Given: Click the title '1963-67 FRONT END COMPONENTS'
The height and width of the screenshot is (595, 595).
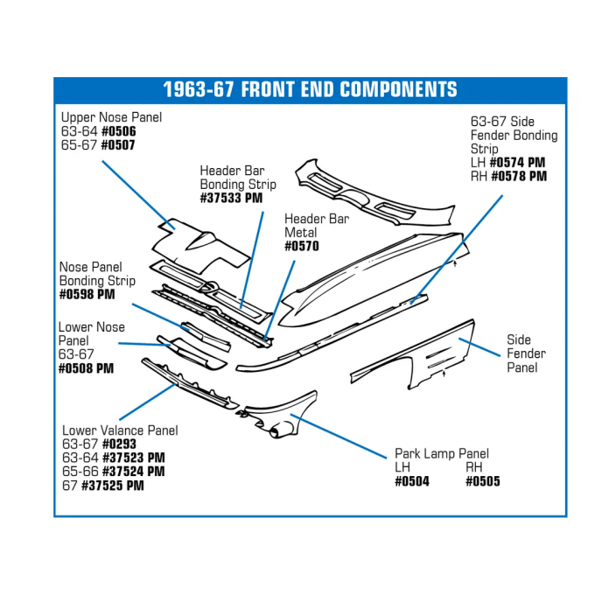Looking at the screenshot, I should tap(310, 90).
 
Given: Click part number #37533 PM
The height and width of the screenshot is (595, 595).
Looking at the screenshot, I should tap(231, 199).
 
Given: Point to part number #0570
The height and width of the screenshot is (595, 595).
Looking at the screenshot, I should tap(302, 247).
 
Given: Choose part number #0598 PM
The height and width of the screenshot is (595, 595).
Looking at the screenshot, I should tap(87, 295).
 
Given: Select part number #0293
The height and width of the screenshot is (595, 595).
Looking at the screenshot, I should tap(118, 444).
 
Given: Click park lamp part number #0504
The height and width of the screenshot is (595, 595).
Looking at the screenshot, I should tap(411, 481).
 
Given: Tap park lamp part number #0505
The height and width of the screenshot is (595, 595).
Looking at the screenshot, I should tap(482, 481).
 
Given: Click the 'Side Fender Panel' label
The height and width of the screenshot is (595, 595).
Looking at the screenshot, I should tap(526, 353).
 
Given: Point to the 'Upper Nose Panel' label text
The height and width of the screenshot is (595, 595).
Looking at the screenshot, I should tap(111, 117).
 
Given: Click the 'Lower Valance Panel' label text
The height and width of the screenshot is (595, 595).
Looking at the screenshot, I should tap(120, 430).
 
